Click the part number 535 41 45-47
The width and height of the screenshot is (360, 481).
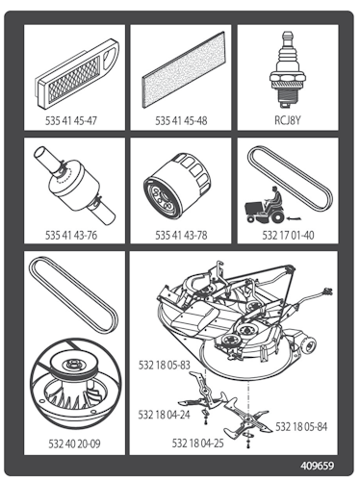71,121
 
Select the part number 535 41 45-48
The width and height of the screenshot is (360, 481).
181,121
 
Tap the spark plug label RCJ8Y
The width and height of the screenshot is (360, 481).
288,120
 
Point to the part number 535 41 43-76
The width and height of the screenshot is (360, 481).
71,235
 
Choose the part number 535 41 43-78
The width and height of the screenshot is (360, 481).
181,235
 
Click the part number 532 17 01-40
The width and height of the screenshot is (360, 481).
288,235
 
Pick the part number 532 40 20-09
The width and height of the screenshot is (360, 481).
74,443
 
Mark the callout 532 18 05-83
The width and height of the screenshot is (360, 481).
165,365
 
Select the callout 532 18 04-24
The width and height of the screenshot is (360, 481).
164,415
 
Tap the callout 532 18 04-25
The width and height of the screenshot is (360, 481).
198,443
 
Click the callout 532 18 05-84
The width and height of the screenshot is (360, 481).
301,427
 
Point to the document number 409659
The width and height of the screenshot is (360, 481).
318,466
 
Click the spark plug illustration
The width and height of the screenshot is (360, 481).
287,70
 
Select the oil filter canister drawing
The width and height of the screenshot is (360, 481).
178,185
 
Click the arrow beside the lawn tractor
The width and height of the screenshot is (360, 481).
296,218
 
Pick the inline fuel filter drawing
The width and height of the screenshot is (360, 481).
74,185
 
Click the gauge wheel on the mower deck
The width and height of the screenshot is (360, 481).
309,345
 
